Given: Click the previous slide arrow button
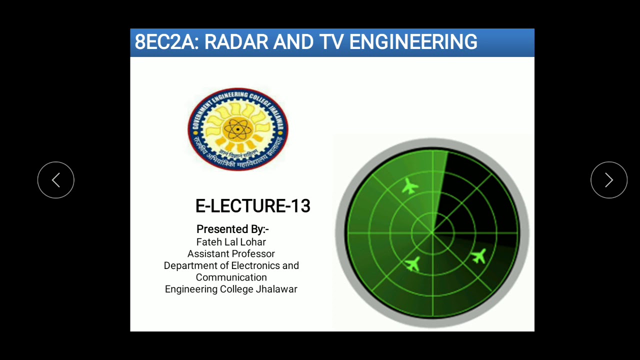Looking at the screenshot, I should tap(56, 180).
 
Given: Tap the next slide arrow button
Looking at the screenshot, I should tap(608, 180).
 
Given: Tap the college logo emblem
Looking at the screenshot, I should tap(238, 129).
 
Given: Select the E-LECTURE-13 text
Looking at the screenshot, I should tap(252, 206).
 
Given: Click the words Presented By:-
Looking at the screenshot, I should tap(232, 229).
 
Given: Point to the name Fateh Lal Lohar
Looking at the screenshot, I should tap(231, 242).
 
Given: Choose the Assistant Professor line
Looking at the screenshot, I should tap(231, 254).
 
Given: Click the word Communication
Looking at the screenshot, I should tap(231, 277).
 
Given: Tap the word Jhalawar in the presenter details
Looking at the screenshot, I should tap(276, 289).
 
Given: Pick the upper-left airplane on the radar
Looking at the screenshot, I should tap(410, 186).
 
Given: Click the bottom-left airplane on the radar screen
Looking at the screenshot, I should tap(413, 263).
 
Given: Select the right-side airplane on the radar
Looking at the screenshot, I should tap(478, 256).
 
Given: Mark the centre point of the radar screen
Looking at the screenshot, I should tap(432, 233).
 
